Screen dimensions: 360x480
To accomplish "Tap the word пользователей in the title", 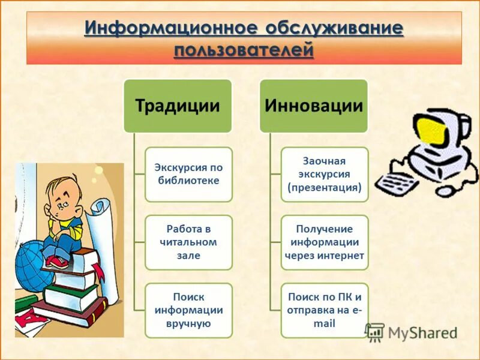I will tap(244, 49).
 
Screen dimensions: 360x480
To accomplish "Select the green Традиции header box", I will tap(177, 106).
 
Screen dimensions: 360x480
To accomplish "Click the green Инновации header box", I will tap(313, 106).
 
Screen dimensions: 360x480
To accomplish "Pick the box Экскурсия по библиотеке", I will tap(188, 174).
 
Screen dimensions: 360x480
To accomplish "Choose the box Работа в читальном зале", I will tap(188, 242).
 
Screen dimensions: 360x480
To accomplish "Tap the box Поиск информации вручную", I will tap(188, 310).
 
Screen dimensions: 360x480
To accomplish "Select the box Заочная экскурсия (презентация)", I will tap(324, 174).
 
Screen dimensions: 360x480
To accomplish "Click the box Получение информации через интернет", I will tap(324, 242).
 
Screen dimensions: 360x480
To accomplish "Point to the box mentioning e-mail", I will tap(324, 310).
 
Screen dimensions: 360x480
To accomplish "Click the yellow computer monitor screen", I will tap(433, 131).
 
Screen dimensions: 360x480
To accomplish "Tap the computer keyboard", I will tap(398, 181).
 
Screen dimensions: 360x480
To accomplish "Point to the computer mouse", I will tap(447, 191).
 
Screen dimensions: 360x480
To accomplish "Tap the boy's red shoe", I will tap(57, 262).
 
